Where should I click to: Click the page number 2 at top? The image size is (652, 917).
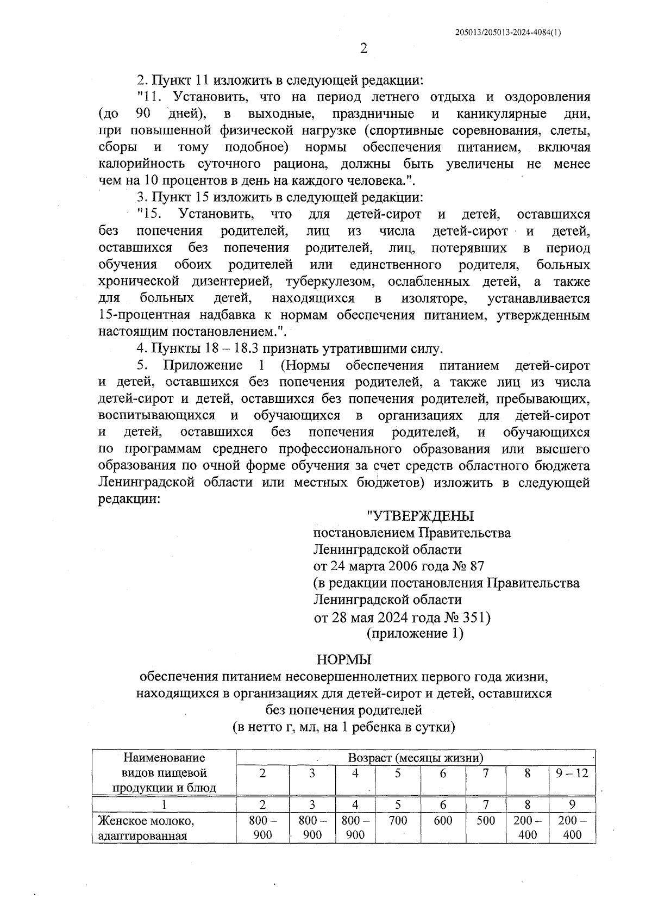pyautogui.click(x=363, y=48)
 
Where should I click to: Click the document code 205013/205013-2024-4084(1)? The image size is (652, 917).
pyautogui.click(x=508, y=32)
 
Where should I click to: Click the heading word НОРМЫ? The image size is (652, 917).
pyautogui.click(x=344, y=659)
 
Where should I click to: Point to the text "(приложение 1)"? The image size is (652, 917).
pyautogui.click(x=415, y=633)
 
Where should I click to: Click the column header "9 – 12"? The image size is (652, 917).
pyautogui.click(x=572, y=773)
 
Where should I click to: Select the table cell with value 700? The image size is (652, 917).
pyautogui.click(x=398, y=820)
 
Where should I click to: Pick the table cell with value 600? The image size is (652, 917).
pyautogui.click(x=443, y=820)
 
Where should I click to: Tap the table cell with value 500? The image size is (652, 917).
pyautogui.click(x=485, y=820)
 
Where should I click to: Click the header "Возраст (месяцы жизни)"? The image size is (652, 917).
pyautogui.click(x=416, y=758)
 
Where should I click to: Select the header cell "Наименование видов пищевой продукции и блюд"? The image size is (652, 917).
pyautogui.click(x=164, y=772)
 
